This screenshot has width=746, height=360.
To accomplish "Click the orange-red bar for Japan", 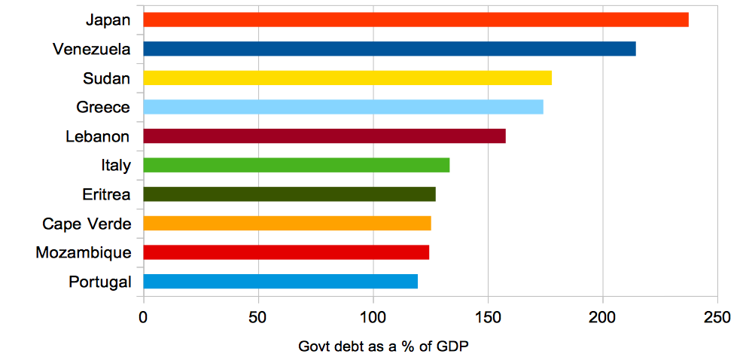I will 416,20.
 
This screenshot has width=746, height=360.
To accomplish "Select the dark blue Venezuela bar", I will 389,49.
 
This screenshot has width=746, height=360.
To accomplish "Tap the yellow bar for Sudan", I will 347,78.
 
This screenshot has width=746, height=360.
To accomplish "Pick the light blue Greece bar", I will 343,107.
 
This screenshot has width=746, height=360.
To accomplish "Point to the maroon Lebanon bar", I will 324,136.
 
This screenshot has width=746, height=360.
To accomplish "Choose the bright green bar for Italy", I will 296,165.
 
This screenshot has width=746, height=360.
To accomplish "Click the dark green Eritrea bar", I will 289,194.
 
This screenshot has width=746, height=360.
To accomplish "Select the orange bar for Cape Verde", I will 287,223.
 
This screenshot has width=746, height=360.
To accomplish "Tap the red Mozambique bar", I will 286,252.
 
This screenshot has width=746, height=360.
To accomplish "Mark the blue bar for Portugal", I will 280,282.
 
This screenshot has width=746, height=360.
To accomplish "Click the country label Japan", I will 108,20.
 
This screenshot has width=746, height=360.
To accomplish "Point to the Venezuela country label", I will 92,49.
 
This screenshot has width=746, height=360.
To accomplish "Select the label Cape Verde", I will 87,224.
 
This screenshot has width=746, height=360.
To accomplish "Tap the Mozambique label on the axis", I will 83,253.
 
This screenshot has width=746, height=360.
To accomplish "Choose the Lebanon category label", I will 97,137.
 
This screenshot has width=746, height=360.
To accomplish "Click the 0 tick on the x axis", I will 143,317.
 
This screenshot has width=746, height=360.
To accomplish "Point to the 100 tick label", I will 373,317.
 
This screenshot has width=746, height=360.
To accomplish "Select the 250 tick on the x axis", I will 717,317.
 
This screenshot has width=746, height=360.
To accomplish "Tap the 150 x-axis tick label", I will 488,317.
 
